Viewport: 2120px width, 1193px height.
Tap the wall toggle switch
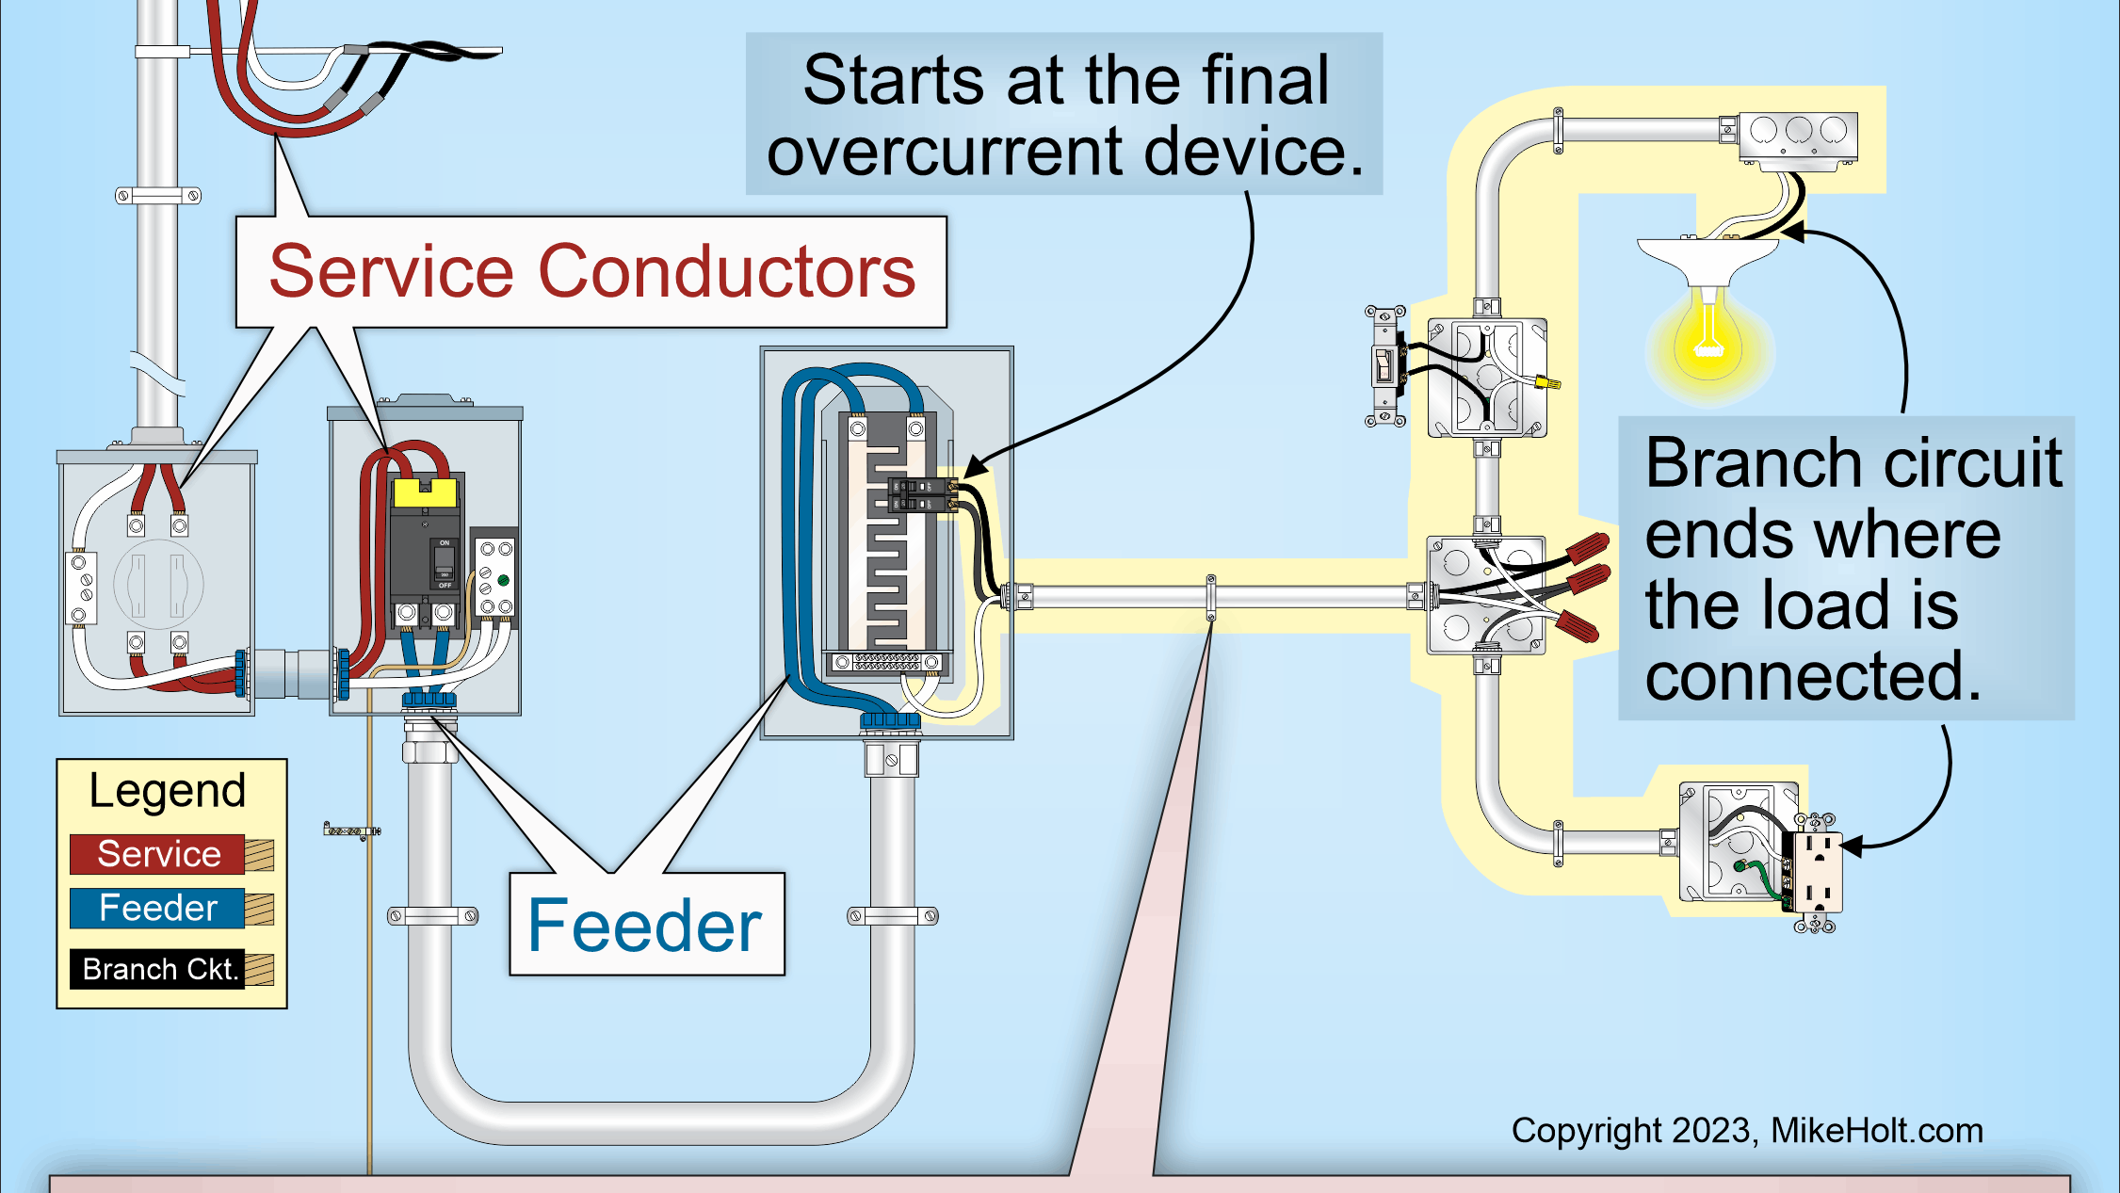1384,365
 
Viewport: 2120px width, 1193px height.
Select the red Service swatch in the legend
158,854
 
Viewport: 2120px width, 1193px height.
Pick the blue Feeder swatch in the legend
158,908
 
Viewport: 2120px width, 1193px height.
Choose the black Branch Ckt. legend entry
158,969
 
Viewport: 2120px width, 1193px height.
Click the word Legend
168,791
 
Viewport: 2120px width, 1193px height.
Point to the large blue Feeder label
645,926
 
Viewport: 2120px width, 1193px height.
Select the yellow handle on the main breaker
425,492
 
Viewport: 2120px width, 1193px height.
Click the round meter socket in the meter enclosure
158,584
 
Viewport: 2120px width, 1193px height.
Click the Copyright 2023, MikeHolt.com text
1747,1131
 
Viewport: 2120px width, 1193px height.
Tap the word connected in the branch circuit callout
1813,676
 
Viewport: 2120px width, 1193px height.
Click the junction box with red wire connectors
1486,595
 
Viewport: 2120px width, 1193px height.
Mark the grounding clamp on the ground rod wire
351,831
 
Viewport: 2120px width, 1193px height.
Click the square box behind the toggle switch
1487,378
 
